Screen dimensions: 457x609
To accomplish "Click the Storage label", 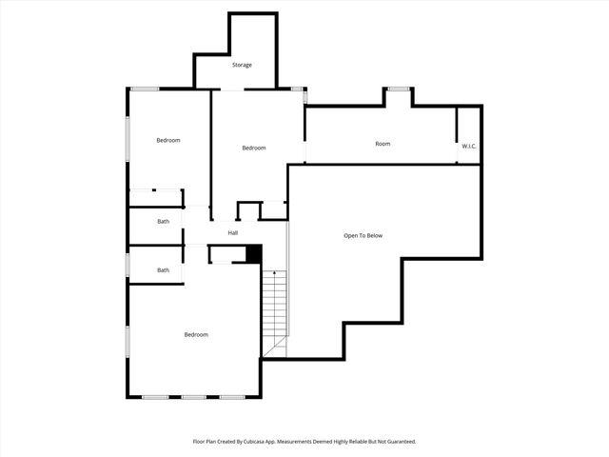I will [243, 65].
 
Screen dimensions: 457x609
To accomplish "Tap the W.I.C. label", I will [469, 146].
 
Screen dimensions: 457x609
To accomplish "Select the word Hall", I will [232, 233].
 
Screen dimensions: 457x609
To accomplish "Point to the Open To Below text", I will [363, 235].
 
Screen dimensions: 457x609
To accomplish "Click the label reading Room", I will [383, 144].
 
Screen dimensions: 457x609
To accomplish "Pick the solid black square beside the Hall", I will [253, 253].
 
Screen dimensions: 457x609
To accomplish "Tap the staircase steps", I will [274, 309].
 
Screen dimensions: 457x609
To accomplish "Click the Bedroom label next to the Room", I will [254, 148].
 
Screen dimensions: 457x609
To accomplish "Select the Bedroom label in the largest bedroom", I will [196, 334].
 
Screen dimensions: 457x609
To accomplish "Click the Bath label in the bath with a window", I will [164, 270].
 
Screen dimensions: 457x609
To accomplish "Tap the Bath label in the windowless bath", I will [164, 222].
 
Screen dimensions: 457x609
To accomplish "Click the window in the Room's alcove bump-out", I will [398, 89].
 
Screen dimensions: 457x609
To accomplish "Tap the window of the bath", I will [128, 264].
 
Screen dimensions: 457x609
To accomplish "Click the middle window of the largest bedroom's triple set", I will [194, 396].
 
